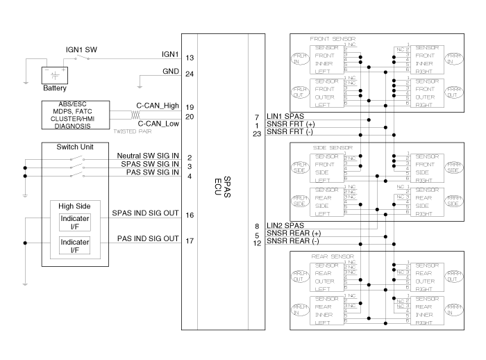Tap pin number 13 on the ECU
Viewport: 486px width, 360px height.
[x=189, y=58]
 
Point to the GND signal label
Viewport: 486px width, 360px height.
[x=170, y=70]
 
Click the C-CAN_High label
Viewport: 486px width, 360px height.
[x=158, y=106]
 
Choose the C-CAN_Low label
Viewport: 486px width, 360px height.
[x=158, y=124]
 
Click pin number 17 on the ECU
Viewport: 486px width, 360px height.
[x=189, y=241]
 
